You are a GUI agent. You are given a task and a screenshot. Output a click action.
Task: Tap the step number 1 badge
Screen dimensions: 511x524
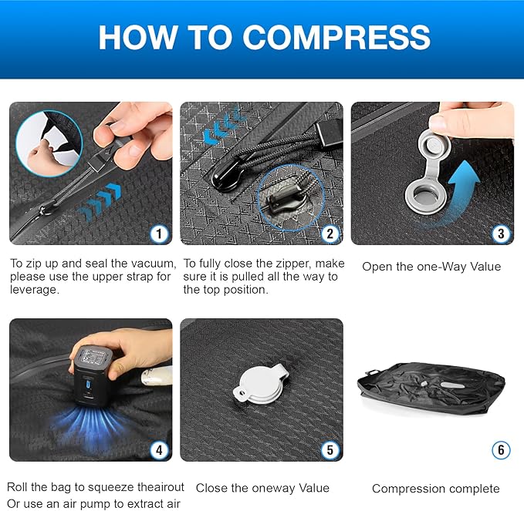(x=158, y=234)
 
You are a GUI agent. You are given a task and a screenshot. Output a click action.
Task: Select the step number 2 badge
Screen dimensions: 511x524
(x=330, y=234)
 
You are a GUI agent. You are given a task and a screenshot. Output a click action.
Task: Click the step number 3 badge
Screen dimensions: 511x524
(x=501, y=234)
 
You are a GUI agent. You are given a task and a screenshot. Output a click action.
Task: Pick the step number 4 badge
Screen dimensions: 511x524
(x=158, y=449)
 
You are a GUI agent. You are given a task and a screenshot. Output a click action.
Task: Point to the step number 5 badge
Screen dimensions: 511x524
(x=330, y=449)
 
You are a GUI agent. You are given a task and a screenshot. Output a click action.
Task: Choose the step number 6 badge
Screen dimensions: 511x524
(x=501, y=449)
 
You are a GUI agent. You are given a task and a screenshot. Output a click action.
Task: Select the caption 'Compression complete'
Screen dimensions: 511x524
(x=435, y=489)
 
